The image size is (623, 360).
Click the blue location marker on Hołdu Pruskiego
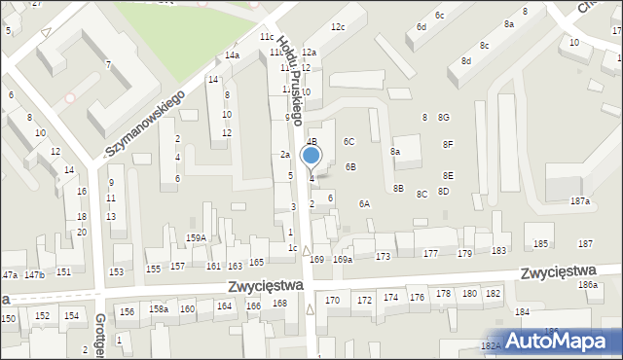click(x=311, y=156)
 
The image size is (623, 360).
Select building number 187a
click(x=580, y=200)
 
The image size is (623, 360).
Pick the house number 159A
click(x=196, y=237)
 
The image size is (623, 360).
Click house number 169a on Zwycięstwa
click(x=343, y=259)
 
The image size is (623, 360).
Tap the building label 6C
click(x=349, y=141)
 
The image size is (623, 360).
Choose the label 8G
click(x=444, y=117)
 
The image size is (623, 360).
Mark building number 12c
click(x=337, y=26)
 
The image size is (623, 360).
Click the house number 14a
click(x=232, y=55)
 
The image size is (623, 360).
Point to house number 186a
click(x=587, y=284)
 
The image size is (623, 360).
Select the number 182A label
click(x=491, y=345)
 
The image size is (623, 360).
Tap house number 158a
click(x=158, y=308)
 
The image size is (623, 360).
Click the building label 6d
click(x=421, y=27)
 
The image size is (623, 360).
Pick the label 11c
click(x=266, y=36)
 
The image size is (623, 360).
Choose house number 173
click(x=383, y=256)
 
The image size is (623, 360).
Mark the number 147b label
click(x=35, y=274)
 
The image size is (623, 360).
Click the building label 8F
click(x=448, y=144)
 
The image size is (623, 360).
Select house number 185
click(x=540, y=243)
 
